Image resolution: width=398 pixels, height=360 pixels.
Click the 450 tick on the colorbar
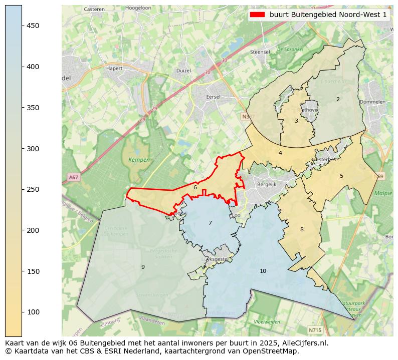tap(22, 26)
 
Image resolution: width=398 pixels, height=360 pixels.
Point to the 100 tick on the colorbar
tap(22, 312)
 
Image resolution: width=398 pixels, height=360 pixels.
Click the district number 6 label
tap(195, 188)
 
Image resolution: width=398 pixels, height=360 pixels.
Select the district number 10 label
tap(263, 271)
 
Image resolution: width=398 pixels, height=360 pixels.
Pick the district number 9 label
tap(143, 267)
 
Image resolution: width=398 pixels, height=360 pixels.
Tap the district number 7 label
tap(210, 223)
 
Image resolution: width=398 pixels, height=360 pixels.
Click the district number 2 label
tap(338, 99)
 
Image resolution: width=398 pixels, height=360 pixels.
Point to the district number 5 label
tap(341, 176)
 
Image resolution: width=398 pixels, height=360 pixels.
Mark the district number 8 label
tap(302, 229)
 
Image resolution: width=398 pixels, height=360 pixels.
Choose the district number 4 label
tap(280, 153)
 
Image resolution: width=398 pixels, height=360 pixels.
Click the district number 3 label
tap(296, 121)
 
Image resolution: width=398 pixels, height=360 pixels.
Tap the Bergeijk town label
tap(266, 184)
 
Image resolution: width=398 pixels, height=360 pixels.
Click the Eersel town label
tap(214, 97)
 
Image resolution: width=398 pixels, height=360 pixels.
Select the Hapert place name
tap(114, 69)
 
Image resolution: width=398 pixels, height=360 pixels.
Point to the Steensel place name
tap(260, 52)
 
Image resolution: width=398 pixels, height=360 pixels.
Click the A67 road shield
tap(73, 177)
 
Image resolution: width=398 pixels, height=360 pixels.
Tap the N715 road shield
tap(315, 330)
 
